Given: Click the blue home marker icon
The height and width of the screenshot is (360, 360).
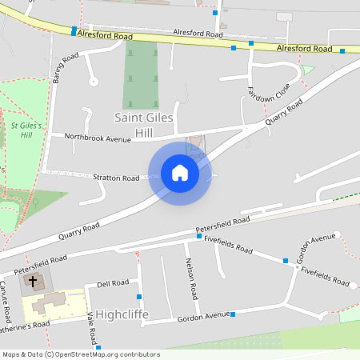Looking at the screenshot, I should click(x=180, y=173).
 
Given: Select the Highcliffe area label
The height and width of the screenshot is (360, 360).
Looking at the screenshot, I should click(x=122, y=314).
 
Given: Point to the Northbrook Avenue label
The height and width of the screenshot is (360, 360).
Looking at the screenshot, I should click(x=97, y=138).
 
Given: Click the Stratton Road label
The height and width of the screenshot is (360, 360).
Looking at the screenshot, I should click(x=116, y=178).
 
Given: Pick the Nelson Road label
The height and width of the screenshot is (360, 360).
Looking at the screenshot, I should click(x=191, y=278).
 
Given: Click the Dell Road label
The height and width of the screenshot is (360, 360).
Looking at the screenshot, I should click(x=113, y=283).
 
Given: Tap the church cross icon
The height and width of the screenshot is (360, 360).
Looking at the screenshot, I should click(x=33, y=281).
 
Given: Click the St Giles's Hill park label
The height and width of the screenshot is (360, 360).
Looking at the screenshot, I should click(x=27, y=130).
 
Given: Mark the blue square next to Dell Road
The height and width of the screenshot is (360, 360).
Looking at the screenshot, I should click(x=139, y=297).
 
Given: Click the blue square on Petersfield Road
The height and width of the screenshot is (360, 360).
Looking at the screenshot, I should click(x=199, y=236).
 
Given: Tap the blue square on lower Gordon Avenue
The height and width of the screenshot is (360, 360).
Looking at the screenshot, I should click(x=233, y=314).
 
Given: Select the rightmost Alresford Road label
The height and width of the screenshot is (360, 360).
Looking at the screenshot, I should click(x=304, y=49).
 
